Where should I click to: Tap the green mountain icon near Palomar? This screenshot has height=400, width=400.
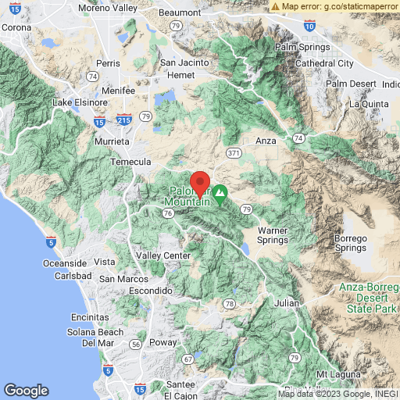tap(221, 191)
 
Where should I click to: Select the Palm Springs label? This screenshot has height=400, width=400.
tap(298, 47)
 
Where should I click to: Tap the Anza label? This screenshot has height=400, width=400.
tap(266, 141)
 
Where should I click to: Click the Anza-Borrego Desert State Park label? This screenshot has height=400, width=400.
tap(366, 297)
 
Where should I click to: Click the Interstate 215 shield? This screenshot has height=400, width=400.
tap(122, 122)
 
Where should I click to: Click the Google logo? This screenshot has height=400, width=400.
tap(26, 391)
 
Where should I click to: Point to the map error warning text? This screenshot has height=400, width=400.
tap(335, 5)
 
